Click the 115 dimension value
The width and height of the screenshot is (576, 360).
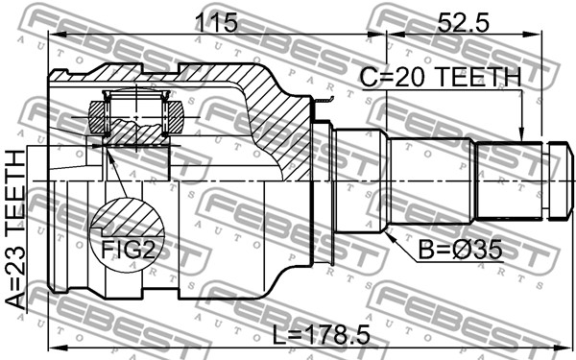pos(216,23)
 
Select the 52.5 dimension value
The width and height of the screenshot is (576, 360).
pos(463,23)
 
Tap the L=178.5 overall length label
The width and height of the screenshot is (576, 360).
pos(321,335)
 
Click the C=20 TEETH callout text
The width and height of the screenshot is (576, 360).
pos(441,77)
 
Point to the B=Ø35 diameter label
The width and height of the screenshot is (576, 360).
pos(460,251)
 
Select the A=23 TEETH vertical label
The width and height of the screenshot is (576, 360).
pos(15,229)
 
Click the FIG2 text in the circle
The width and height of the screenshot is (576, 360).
pos(128,251)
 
